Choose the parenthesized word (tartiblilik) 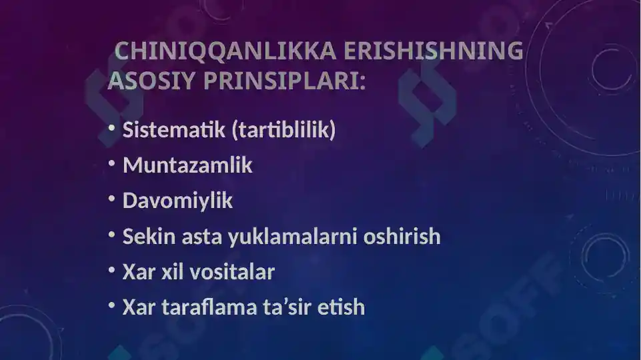click(x=283, y=130)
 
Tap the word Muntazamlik click(x=187, y=165)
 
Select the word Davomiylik click(x=177, y=201)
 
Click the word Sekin click(x=146, y=236)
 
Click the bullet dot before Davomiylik click(x=111, y=199)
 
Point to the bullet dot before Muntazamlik click(x=111, y=163)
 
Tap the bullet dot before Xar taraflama click(x=111, y=305)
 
